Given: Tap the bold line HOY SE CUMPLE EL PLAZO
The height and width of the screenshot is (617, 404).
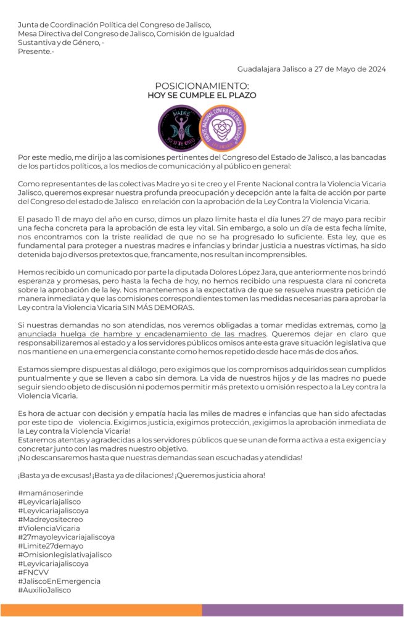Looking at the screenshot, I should coord(202,96).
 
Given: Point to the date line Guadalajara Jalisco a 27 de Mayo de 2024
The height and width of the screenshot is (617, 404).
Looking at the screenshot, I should coord(311,69).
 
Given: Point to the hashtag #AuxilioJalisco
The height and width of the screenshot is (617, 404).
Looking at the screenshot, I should coord(44,590).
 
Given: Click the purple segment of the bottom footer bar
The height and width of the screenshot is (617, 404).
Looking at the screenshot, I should coord(302,610).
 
